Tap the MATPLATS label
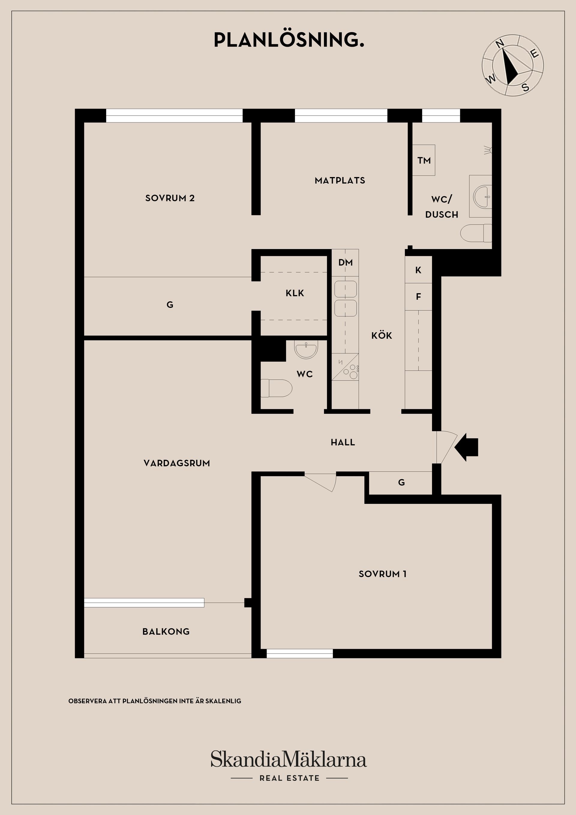point(340,180)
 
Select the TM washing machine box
point(424,160)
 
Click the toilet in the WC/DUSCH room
point(475,233)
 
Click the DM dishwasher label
point(345,262)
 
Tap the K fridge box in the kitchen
point(418,270)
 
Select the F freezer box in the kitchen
point(418,296)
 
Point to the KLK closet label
point(295,293)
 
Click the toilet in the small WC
point(276,388)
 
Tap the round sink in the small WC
point(306,349)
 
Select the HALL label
point(343,442)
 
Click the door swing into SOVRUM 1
point(321,481)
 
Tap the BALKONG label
point(166,631)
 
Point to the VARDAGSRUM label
point(176,463)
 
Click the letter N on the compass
point(500,44)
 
